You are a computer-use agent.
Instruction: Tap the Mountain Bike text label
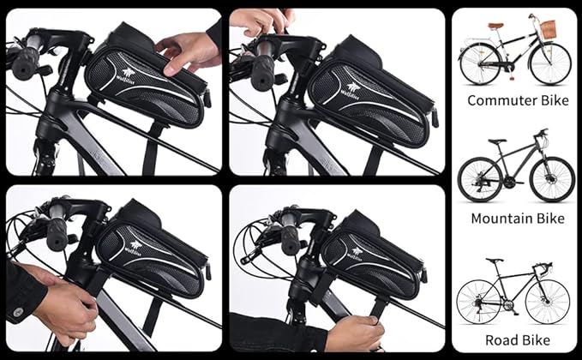tap(517, 219)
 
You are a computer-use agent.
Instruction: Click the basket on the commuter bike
tap(549, 28)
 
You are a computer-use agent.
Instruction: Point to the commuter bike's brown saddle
tap(495, 26)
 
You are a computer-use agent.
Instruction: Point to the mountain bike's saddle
tap(497, 141)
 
